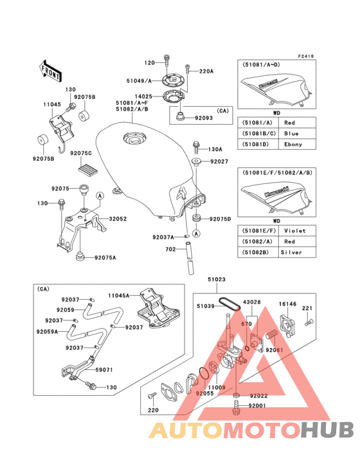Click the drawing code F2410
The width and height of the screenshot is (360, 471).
pos(305,57)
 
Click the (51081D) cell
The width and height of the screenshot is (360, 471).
pos(256,144)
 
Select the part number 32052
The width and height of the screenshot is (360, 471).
pos(118,219)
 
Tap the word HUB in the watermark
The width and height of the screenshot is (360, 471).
pos(319,430)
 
